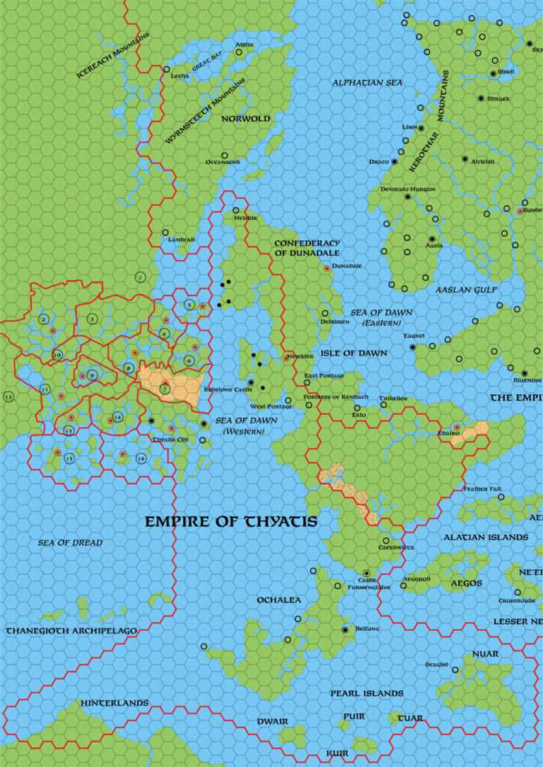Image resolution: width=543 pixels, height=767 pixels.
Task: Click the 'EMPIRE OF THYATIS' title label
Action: pyautogui.click(x=230, y=522)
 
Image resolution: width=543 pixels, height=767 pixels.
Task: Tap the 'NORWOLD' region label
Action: pyautogui.click(x=246, y=119)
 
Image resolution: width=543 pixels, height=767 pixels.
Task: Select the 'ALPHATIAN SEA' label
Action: pyautogui.click(x=367, y=83)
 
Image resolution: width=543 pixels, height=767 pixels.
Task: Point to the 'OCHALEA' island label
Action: pyautogui.click(x=278, y=600)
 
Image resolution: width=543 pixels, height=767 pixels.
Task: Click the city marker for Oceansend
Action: pyautogui.click(x=225, y=156)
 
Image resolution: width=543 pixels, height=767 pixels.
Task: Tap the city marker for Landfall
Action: pyautogui.click(x=165, y=233)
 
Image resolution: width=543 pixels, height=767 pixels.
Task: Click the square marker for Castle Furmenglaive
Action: pyautogui.click(x=366, y=572)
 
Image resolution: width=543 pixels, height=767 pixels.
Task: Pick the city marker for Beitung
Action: pyautogui.click(x=345, y=629)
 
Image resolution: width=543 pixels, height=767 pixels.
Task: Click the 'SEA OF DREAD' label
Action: pyautogui.click(x=71, y=543)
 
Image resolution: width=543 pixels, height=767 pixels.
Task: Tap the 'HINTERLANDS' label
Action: pyautogui.click(x=115, y=703)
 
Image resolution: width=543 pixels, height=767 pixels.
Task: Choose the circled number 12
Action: pyautogui.click(x=9, y=397)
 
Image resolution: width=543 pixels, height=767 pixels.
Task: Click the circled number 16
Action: pyautogui.click(x=141, y=459)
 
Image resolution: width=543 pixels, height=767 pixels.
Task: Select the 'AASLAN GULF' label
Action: pyautogui.click(x=466, y=291)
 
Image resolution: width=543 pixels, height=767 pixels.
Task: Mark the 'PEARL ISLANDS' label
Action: pyautogui.click(x=367, y=693)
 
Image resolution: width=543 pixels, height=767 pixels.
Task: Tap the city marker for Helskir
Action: pyautogui.click(x=236, y=210)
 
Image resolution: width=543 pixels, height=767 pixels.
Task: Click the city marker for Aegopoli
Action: pyautogui.click(x=404, y=585)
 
